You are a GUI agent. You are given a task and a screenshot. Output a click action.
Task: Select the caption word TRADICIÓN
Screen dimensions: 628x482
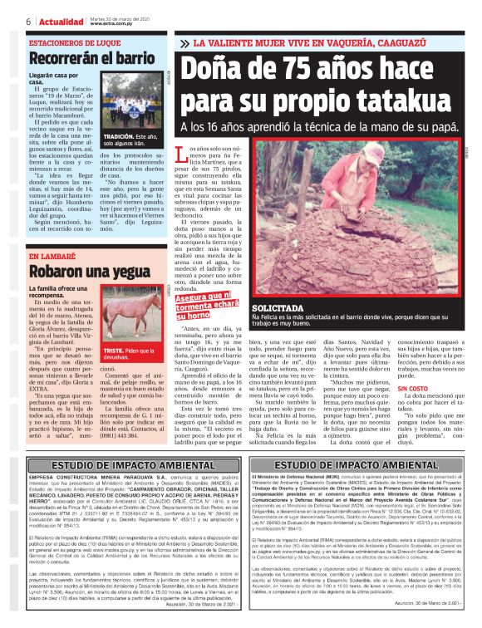[118, 136]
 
